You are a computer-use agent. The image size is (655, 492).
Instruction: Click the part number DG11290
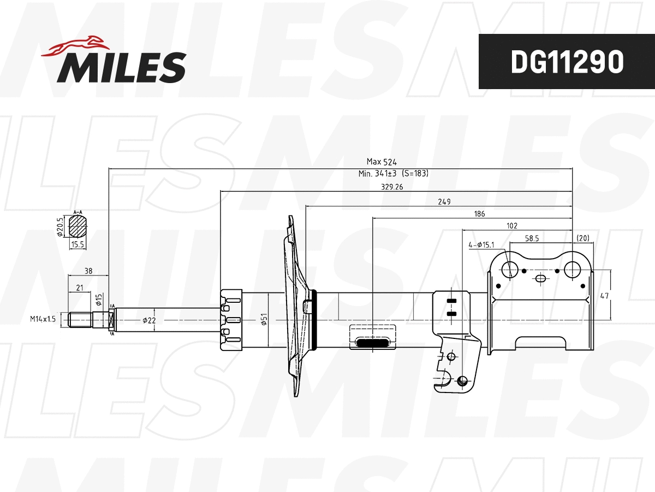[x=567, y=62]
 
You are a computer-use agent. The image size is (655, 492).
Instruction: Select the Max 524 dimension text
[x=381, y=162]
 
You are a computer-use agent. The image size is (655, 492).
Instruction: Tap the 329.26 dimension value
[x=391, y=186]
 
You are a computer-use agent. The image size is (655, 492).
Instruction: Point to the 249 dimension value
[x=444, y=202]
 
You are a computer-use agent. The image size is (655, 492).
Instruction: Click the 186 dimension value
[x=479, y=214]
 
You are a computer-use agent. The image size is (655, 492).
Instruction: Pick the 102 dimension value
[x=511, y=225]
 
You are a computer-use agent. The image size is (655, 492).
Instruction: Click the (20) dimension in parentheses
[x=582, y=238]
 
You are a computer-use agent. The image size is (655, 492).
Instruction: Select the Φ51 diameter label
[x=264, y=319]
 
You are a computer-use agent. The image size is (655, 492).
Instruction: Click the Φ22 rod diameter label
[x=148, y=320]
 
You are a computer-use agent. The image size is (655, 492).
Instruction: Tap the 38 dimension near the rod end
[x=88, y=270]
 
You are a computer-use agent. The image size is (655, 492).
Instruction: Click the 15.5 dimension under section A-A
[x=77, y=245]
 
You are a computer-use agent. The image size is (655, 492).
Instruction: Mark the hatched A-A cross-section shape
[x=78, y=226]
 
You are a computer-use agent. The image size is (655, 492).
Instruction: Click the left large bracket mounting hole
[x=510, y=269]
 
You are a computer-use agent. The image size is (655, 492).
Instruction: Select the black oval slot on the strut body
[x=373, y=343]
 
